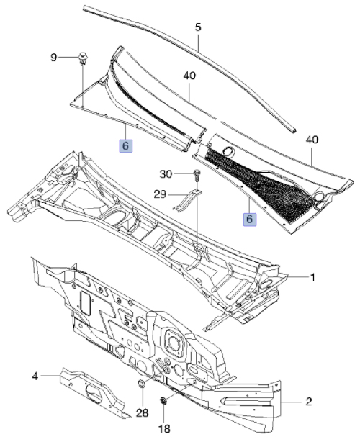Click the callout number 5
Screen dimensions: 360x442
[198, 27]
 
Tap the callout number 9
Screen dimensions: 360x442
[53, 58]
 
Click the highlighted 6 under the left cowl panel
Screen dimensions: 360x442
[126, 145]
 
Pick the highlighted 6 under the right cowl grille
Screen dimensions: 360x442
[250, 220]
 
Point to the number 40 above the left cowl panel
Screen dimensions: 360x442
[190, 76]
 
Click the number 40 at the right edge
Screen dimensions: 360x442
[312, 140]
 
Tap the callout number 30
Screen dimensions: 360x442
[166, 174]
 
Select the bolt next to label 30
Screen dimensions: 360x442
[197, 175]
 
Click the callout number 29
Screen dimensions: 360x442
[160, 194]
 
